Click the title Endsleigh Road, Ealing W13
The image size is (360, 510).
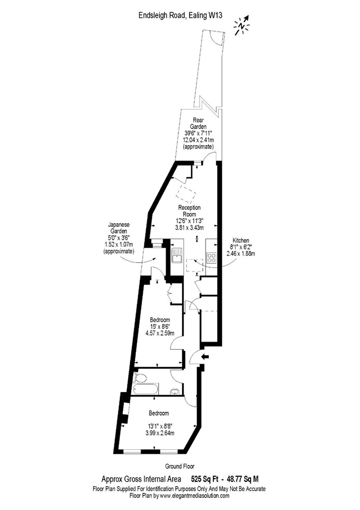pos(181,15)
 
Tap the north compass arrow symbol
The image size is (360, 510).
pos(242,25)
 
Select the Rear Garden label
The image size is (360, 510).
pos(198,123)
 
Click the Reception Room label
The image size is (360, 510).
pos(189,211)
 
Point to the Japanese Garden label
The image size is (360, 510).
pos(119,227)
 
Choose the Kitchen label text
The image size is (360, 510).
pos(241,240)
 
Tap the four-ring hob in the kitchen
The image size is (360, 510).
pos(211,258)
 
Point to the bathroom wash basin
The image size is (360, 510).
pos(175,392)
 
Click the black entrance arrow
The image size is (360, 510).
pos(205,357)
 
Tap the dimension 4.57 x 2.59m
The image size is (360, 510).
pos(160,333)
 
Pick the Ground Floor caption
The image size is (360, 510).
pos(180,466)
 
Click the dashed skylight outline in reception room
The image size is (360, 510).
pos(186,194)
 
